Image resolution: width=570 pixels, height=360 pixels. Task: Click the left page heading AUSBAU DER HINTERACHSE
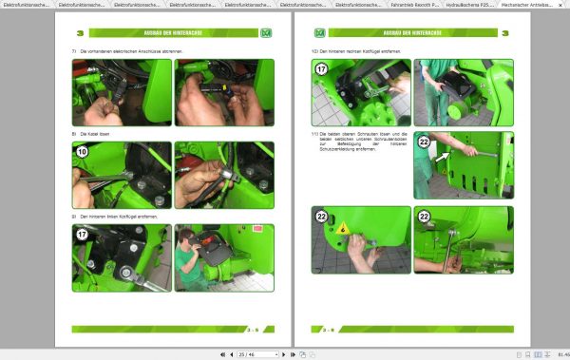click(x=172, y=32)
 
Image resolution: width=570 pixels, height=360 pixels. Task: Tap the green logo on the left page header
click(x=266, y=33)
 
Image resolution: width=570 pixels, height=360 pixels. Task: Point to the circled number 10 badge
click(x=82, y=152)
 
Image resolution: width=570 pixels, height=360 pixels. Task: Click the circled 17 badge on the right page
click(x=322, y=69)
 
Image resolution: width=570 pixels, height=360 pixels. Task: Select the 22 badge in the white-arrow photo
click(x=424, y=142)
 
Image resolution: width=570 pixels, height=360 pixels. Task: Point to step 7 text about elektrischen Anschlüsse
click(x=128, y=50)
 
